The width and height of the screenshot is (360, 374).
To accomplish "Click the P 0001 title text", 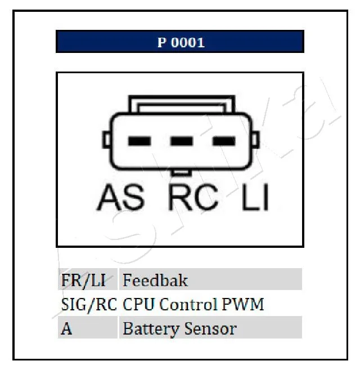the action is [x=181, y=42].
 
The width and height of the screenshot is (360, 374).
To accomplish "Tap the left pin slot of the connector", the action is [x=139, y=141].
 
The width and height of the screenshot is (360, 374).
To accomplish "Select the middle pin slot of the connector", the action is [x=182, y=141].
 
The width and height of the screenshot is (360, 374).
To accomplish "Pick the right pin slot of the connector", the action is [x=224, y=141].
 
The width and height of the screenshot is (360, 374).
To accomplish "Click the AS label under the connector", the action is [x=120, y=197].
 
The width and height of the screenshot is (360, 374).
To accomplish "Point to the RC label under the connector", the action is [x=193, y=197].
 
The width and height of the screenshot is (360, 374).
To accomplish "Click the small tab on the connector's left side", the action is [x=106, y=140].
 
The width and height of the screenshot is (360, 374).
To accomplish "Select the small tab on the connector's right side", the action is [x=255, y=140].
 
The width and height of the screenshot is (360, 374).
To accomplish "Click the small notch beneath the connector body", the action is [x=181, y=172].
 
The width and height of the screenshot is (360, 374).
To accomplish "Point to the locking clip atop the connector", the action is [x=182, y=104].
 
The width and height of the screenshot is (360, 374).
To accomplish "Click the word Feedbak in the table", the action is [x=155, y=280].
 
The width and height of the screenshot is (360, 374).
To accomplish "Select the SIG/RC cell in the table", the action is [x=89, y=305].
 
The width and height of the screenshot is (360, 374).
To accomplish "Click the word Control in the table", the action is [x=188, y=304].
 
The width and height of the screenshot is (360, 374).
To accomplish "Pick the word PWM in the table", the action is [x=243, y=304].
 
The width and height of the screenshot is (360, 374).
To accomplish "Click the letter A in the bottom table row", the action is [x=66, y=329].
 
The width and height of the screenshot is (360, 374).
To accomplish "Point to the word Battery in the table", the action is [x=151, y=330].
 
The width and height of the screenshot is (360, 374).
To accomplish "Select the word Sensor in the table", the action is [x=210, y=329].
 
